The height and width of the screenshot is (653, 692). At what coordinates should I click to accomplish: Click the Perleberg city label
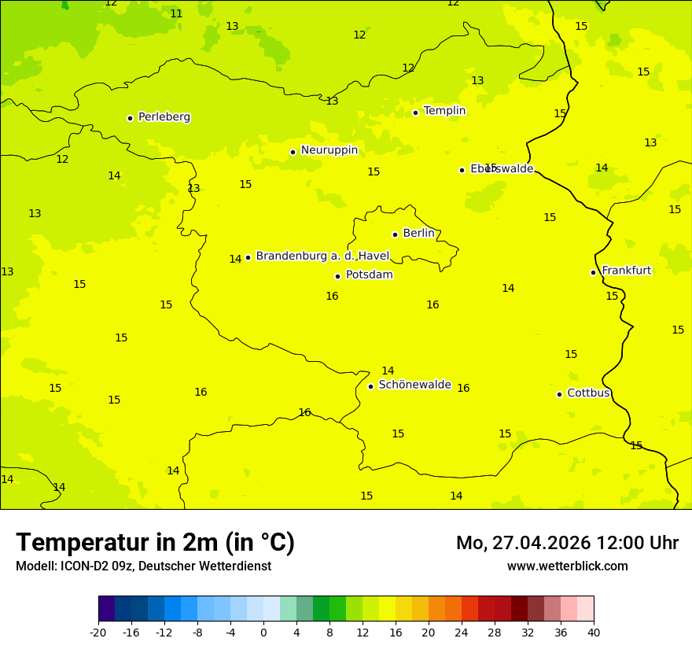pyautogui.click(x=164, y=117)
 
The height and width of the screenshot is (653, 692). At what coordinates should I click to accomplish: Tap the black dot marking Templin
pyautogui.click(x=415, y=113)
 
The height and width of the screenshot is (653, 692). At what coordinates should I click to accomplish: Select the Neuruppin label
pyautogui.click(x=329, y=150)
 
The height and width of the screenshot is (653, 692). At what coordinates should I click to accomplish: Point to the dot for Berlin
pyautogui.click(x=395, y=234)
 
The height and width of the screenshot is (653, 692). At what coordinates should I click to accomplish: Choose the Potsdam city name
pyautogui.click(x=369, y=275)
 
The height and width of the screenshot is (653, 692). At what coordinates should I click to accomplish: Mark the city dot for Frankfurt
pyautogui.click(x=593, y=272)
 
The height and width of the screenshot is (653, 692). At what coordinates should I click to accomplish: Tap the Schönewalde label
pyautogui.click(x=414, y=385)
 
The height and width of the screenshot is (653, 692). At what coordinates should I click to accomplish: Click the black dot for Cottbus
pyautogui.click(x=559, y=394)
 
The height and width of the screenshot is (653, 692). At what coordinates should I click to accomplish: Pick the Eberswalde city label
pyautogui.click(x=502, y=169)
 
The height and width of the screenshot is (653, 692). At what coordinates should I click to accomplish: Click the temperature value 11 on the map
pyautogui.click(x=176, y=14)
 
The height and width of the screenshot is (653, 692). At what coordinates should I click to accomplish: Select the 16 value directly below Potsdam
pyautogui.click(x=332, y=297)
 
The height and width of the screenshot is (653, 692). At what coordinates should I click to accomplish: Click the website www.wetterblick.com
pyautogui.click(x=567, y=566)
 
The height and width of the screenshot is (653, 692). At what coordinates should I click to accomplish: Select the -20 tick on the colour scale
pyautogui.click(x=98, y=632)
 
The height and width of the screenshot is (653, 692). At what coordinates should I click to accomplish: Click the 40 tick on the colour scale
pyautogui.click(x=594, y=632)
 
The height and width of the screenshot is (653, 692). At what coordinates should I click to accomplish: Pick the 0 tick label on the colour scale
pyautogui.click(x=263, y=632)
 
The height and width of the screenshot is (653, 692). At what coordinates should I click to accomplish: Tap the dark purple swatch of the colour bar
pyautogui.click(x=106, y=609)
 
